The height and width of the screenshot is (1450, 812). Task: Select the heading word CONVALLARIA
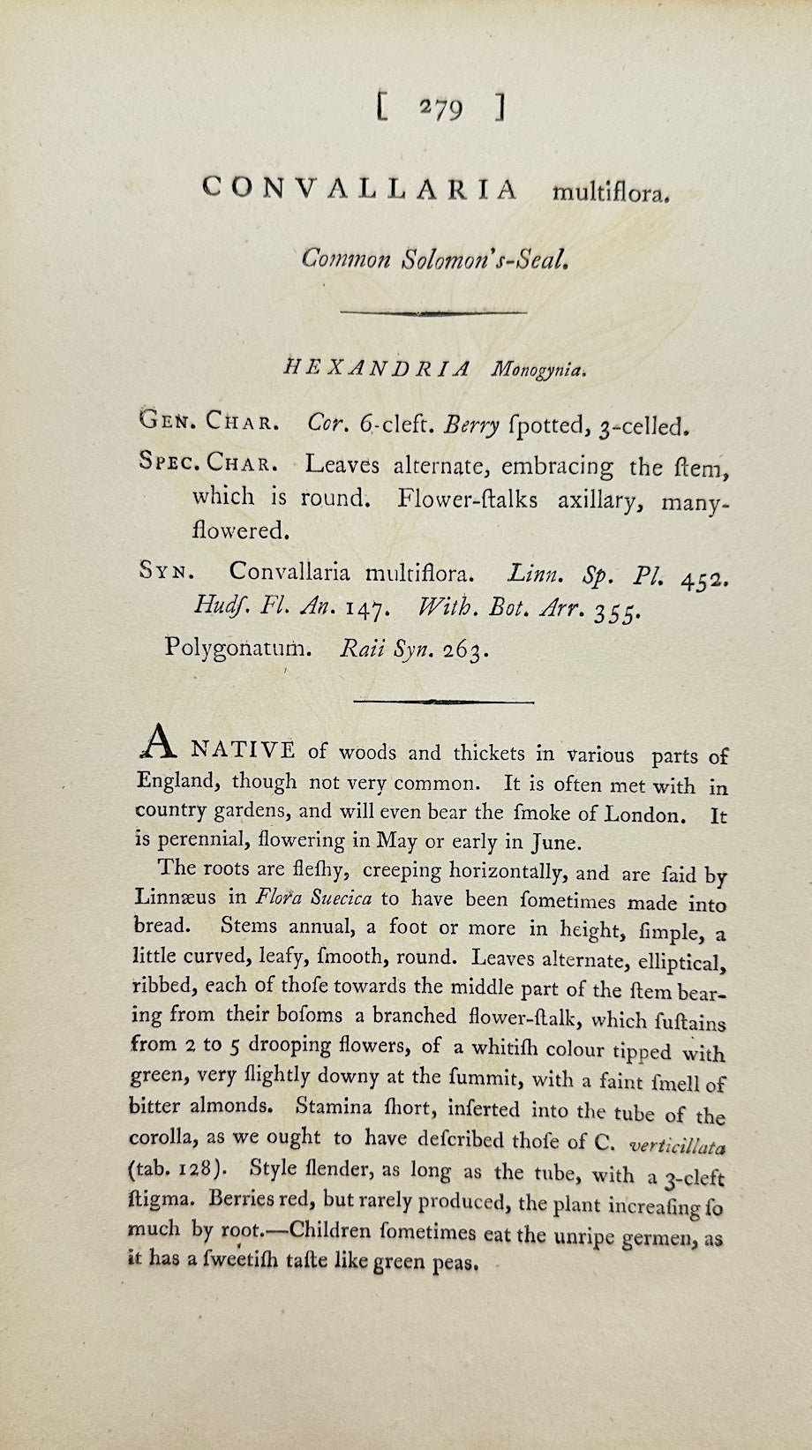pos(359,188)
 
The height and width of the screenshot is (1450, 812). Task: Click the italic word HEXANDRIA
pos(376,369)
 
